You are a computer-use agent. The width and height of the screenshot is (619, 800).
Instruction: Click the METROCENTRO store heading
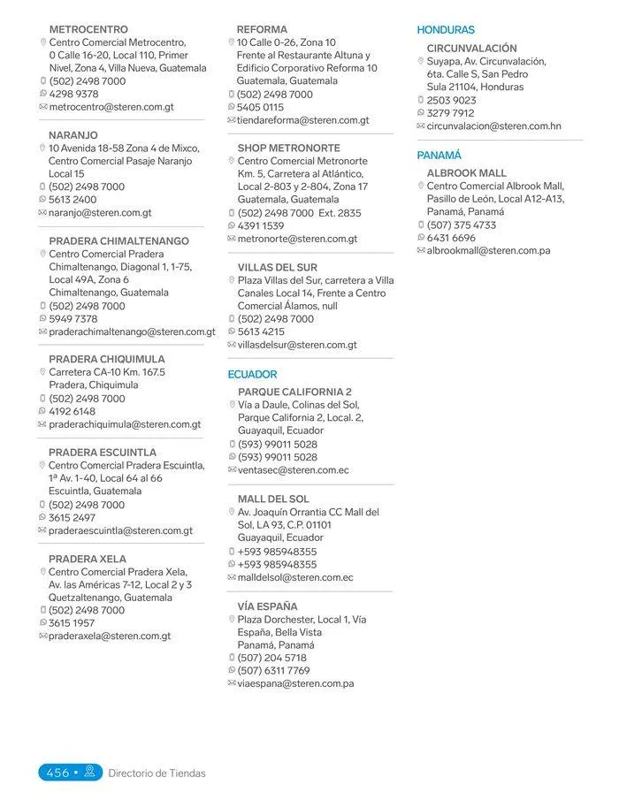[x=88, y=29]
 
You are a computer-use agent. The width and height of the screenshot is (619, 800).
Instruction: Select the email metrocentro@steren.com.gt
[x=111, y=107]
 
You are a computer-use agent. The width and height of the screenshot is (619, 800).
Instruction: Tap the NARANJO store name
[x=73, y=135]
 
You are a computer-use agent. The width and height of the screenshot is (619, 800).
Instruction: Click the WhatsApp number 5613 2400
[x=73, y=200]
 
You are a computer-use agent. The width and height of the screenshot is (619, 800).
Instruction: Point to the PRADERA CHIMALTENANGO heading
[x=119, y=240]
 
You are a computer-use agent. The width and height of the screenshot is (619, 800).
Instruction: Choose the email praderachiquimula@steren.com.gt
[x=125, y=424]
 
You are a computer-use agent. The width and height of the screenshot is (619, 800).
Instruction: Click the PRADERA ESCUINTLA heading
[x=103, y=453]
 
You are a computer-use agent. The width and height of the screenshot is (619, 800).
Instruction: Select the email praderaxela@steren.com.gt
[x=110, y=636]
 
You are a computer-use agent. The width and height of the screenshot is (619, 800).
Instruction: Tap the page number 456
[x=57, y=773]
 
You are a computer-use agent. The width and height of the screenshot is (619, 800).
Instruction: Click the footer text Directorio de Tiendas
[x=157, y=773]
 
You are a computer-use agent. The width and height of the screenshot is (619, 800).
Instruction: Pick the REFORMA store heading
[x=262, y=29]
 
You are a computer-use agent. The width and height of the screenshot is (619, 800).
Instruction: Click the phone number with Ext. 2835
[x=299, y=213]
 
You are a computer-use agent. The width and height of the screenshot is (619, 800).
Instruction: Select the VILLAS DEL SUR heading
[x=278, y=267]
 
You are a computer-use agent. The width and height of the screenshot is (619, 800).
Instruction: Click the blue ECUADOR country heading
[x=252, y=374]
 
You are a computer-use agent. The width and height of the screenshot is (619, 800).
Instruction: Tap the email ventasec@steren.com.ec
[x=294, y=470]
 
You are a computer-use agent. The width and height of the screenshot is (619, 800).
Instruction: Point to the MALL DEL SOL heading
[x=273, y=499]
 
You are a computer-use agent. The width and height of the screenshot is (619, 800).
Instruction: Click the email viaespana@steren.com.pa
[x=295, y=683]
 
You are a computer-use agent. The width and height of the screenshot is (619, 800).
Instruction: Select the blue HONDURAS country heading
[x=446, y=29]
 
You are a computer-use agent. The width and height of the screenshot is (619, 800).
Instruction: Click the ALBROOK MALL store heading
[x=467, y=173]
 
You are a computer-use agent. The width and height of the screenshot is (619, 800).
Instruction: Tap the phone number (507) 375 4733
[x=462, y=225]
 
